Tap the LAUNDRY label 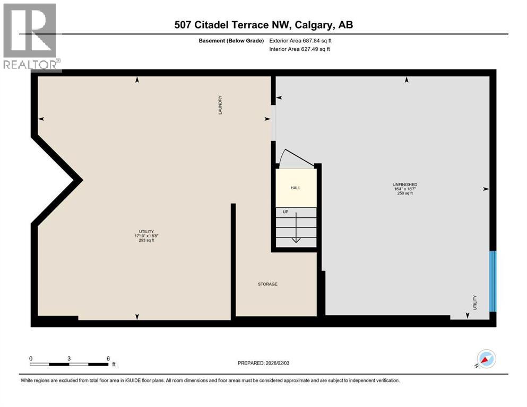coord(219,105)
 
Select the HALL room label coord(296,188)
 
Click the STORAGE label coord(267,285)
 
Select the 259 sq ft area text coord(404,193)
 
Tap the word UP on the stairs coord(285,212)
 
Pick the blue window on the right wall coord(493,281)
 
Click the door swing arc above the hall coord(291,158)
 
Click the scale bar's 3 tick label coord(69,358)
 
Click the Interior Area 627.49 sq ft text coord(300,49)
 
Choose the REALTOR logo coord(31,37)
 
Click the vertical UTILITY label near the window coord(475,303)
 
